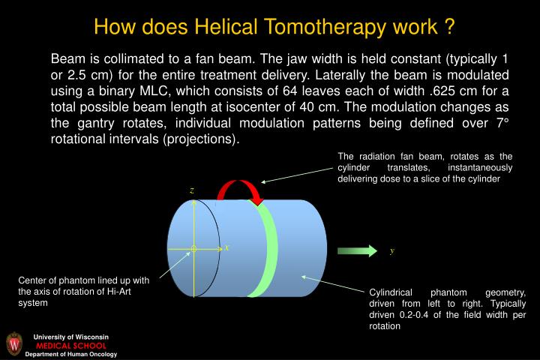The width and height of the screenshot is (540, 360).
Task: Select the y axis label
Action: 391,251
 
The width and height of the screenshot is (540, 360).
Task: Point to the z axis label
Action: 191,190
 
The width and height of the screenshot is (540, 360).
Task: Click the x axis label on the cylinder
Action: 227,247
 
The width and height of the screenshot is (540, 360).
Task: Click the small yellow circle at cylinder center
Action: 193,247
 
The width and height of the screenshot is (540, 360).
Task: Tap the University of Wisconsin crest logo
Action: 14,343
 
